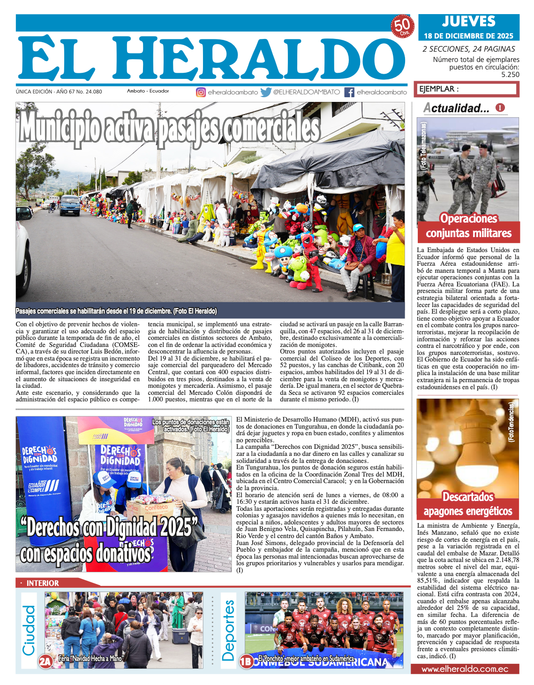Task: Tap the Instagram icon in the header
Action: (201, 92)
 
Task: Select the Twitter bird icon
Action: (266, 92)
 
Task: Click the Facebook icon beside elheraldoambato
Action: (349, 92)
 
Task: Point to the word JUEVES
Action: (468, 21)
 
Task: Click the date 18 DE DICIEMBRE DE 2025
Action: (468, 36)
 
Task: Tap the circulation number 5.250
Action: (510, 75)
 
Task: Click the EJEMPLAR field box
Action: (467, 89)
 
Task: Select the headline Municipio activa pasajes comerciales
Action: (170, 127)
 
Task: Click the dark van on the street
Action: (70, 205)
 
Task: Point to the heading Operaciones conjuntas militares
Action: (468, 226)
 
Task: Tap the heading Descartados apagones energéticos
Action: (468, 504)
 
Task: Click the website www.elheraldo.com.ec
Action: (465, 669)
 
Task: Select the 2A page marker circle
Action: (45, 662)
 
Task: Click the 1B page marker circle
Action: (246, 662)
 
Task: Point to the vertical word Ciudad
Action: (29, 631)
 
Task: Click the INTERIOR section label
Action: (42, 583)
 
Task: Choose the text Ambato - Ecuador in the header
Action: (148, 91)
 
